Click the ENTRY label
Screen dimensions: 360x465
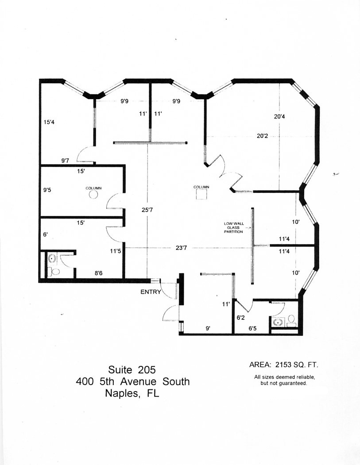[151, 292]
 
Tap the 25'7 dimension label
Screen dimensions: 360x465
[147, 210]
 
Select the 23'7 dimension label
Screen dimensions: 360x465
[181, 248]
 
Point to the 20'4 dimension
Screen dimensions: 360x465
[279, 116]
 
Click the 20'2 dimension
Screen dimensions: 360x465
[262, 136]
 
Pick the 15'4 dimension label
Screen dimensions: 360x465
[49, 122]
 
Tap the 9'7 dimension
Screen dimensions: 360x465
[65, 161]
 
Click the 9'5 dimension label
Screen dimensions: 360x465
[47, 190]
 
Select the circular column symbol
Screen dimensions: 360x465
[93, 195]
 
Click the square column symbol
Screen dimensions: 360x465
[202, 195]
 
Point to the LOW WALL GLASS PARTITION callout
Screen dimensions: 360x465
[233, 227]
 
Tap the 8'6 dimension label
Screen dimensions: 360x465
[99, 273]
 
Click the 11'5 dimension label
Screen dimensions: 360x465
[115, 251]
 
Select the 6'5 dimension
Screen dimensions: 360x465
[252, 328]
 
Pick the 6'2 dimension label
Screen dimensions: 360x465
[241, 318]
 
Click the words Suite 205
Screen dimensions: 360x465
[132, 370]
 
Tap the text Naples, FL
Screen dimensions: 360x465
[132, 393]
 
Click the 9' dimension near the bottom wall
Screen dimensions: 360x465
[208, 328]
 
